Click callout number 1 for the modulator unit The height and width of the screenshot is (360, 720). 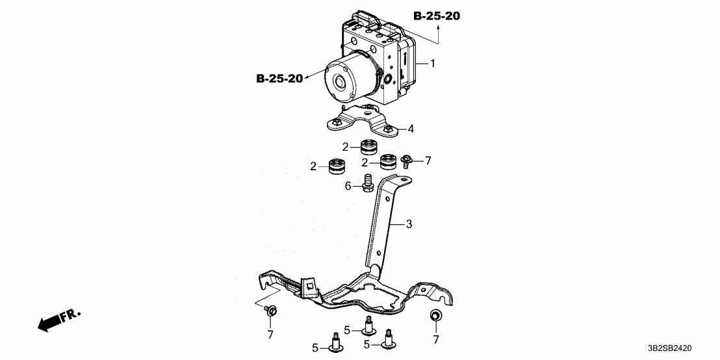(x=433, y=63)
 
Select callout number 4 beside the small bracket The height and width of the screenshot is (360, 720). (x=411, y=129)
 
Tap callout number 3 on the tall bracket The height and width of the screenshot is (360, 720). (x=409, y=224)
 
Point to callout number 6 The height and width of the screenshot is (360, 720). (x=348, y=186)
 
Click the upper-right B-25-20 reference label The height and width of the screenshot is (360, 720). (x=436, y=16)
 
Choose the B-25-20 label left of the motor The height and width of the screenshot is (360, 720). (x=279, y=79)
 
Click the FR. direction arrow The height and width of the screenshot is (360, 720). (x=58, y=320)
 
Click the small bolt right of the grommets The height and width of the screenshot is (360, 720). (x=407, y=160)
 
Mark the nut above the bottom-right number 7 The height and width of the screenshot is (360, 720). (x=436, y=316)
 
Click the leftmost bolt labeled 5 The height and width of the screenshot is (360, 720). (x=337, y=344)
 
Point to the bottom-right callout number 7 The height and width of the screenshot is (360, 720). (x=435, y=339)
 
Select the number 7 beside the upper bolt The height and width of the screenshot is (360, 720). (x=428, y=160)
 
